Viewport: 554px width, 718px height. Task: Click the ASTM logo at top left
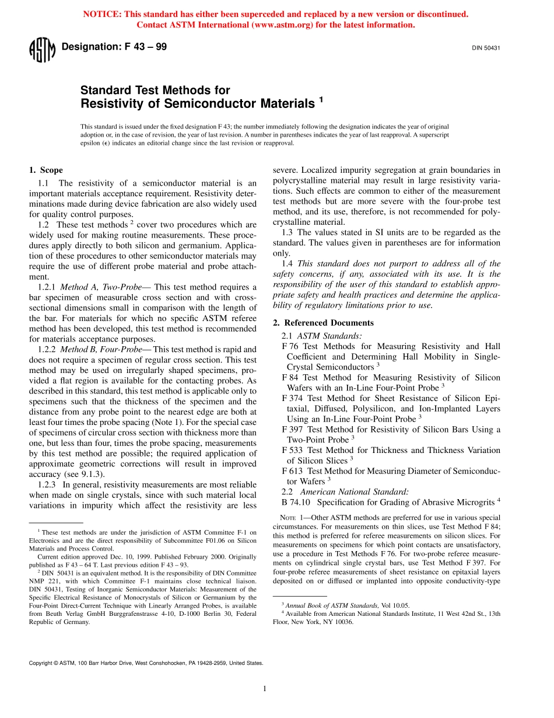pos(42,49)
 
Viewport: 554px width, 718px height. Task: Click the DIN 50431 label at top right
pos(486,48)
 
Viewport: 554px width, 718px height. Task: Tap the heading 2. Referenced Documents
pos(323,323)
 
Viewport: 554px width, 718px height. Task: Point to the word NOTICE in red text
pos(104,14)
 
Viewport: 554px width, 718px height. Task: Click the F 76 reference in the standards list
pos(290,346)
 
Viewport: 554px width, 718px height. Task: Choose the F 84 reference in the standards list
pos(290,378)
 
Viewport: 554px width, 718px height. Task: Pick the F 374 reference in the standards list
pos(292,399)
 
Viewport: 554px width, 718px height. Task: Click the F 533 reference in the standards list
pos(292,450)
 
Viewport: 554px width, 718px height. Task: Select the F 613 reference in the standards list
pos(292,470)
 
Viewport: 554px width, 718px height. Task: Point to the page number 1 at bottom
pos(264,689)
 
